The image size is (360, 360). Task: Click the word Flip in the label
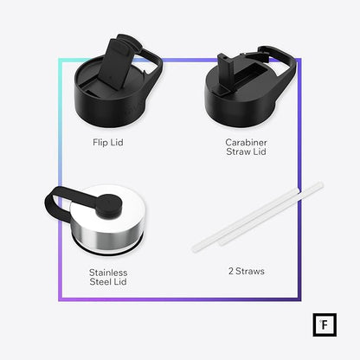[100, 143]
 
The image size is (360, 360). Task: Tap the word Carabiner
[246, 142]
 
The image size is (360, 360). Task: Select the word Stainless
[108, 273]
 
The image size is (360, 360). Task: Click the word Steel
[100, 281]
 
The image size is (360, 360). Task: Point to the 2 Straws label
[247, 271]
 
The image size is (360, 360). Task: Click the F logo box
[325, 325]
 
